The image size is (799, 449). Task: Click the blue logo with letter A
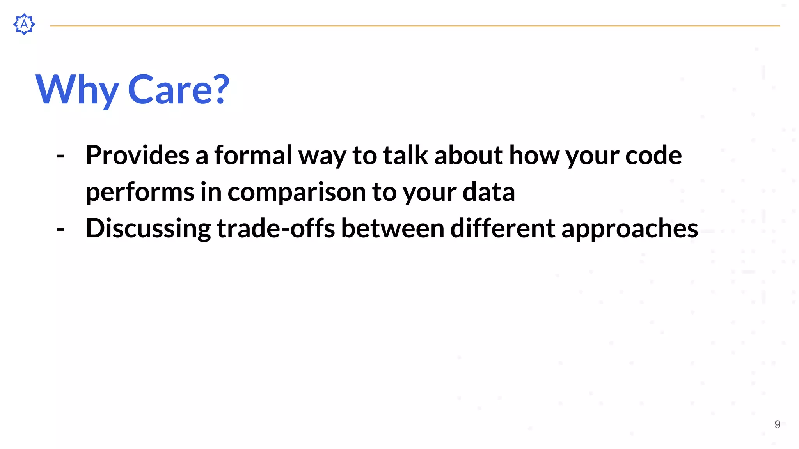tap(24, 24)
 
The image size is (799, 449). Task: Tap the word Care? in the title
tap(178, 90)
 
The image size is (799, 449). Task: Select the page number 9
tap(777, 424)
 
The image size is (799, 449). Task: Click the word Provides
tap(137, 155)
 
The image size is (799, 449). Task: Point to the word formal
tap(253, 155)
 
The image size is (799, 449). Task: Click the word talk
tap(405, 155)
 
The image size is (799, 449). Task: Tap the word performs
tap(140, 192)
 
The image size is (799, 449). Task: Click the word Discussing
tap(148, 228)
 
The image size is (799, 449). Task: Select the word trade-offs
tap(275, 228)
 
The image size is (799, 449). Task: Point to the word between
tap(392, 228)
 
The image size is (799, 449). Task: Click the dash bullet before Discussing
tap(60, 229)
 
